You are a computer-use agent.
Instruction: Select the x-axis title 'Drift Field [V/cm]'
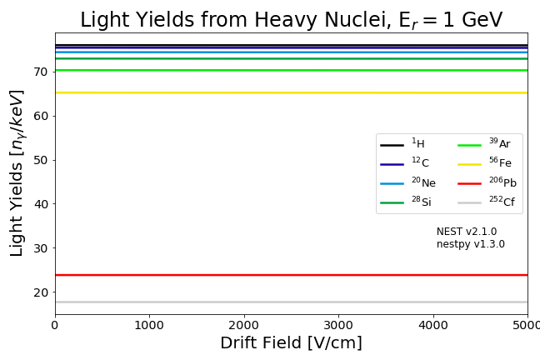(x=291, y=343)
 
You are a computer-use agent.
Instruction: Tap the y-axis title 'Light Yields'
(x=17, y=172)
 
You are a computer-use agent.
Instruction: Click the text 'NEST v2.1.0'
(x=467, y=232)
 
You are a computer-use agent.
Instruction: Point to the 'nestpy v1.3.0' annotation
(x=471, y=244)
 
